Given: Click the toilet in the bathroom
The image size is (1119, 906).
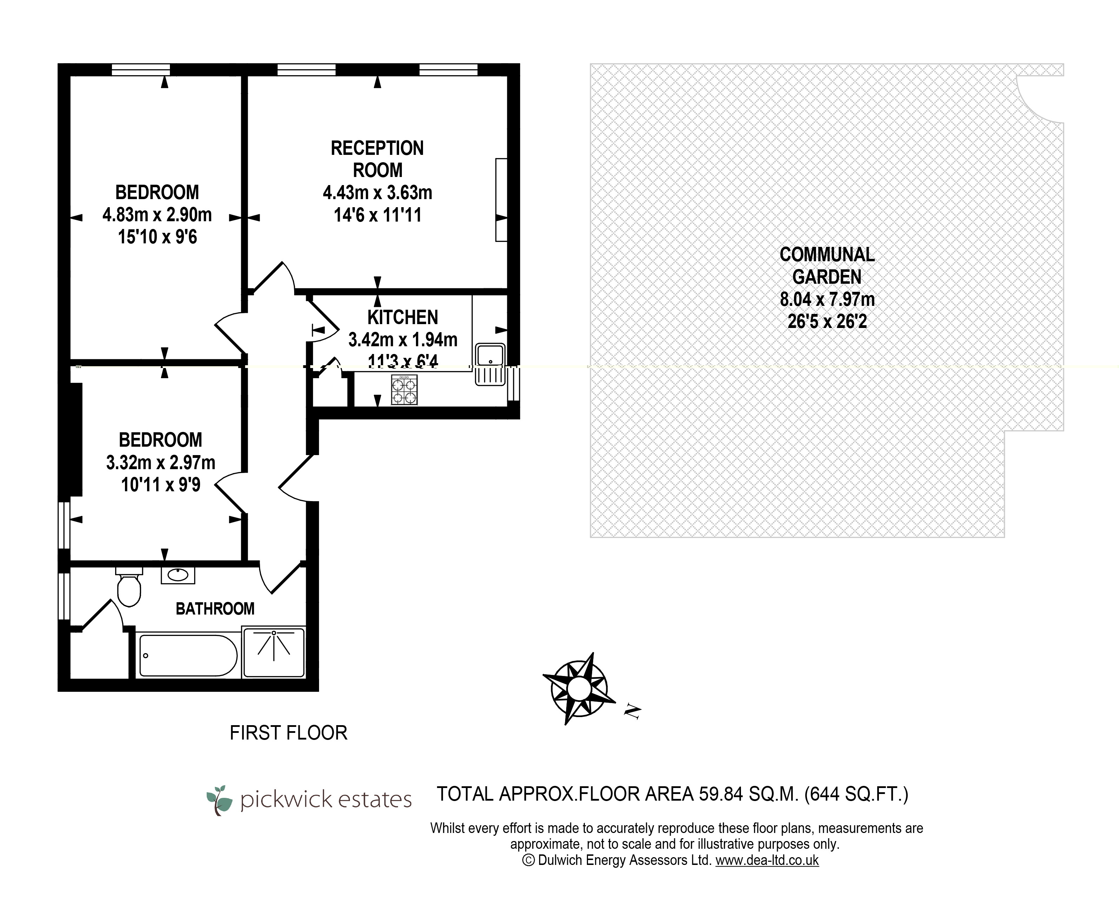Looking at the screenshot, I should [129, 590].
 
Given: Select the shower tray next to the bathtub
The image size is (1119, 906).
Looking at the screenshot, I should [274, 652].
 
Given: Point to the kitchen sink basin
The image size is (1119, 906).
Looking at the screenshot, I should [490, 356].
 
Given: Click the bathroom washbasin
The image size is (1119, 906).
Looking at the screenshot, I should [178, 575].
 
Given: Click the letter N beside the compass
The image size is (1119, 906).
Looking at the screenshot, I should [632, 712].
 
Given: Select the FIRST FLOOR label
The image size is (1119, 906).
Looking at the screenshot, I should [289, 733].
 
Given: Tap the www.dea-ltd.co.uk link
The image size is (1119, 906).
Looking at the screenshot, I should [767, 860].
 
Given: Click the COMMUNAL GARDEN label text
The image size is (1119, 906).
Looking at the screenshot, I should [827, 265].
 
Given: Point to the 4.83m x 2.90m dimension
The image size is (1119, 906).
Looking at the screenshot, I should [157, 215].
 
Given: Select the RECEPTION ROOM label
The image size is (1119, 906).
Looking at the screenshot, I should [377, 159].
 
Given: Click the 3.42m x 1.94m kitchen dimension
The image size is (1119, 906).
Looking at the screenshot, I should [403, 340].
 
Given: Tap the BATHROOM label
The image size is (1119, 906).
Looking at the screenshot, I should [215, 609].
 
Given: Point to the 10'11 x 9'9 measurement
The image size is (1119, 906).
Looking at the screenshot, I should [161, 485].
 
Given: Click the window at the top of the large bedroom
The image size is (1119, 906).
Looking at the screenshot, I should [141, 70].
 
